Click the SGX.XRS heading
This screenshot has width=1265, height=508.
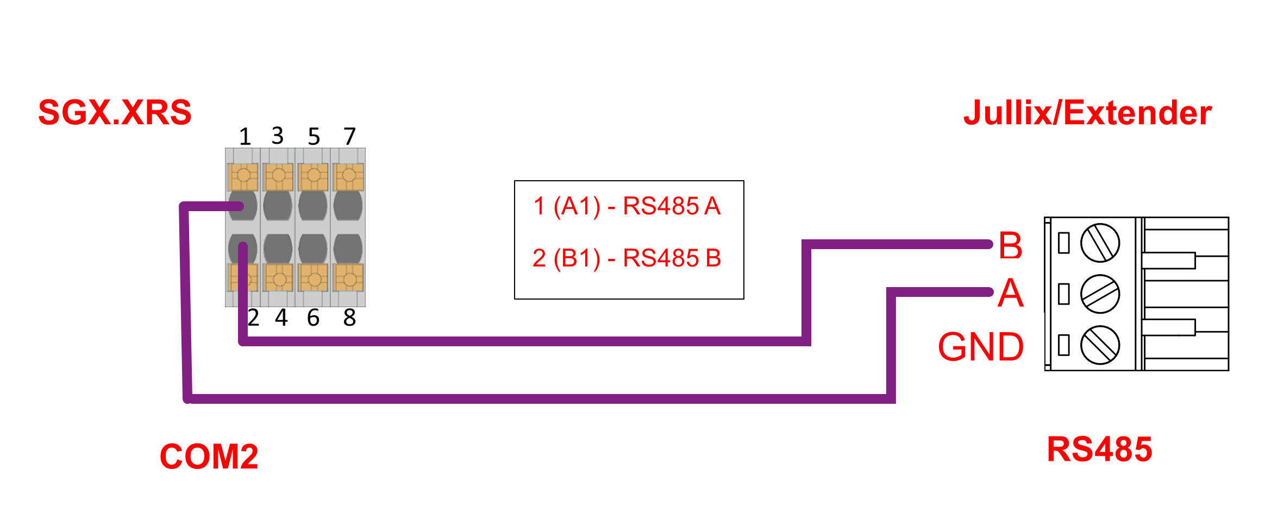[115, 112]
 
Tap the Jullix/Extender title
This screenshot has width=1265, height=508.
[1087, 113]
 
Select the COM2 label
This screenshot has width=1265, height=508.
[209, 456]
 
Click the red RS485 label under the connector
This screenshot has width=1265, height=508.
[1099, 449]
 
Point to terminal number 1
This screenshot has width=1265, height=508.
[245, 137]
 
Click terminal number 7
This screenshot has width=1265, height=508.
[349, 137]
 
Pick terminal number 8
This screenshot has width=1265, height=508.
[349, 317]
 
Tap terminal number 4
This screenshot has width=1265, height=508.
[281, 317]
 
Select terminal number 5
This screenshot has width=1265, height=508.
[314, 137]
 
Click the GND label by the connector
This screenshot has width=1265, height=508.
[981, 347]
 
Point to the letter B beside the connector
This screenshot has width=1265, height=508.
[1010, 245]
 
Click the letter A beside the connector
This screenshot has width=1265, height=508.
[1010, 293]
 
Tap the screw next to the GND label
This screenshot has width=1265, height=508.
[1100, 345]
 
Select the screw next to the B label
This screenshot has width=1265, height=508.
[1100, 243]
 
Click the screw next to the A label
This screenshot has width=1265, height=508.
[1100, 294]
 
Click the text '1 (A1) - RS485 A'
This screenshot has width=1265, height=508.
[627, 206]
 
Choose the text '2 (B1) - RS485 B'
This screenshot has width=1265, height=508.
[627, 258]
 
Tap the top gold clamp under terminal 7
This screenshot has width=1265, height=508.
[348, 177]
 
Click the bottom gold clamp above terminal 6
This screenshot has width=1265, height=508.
[314, 278]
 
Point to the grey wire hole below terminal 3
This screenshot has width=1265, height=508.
[278, 206]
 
